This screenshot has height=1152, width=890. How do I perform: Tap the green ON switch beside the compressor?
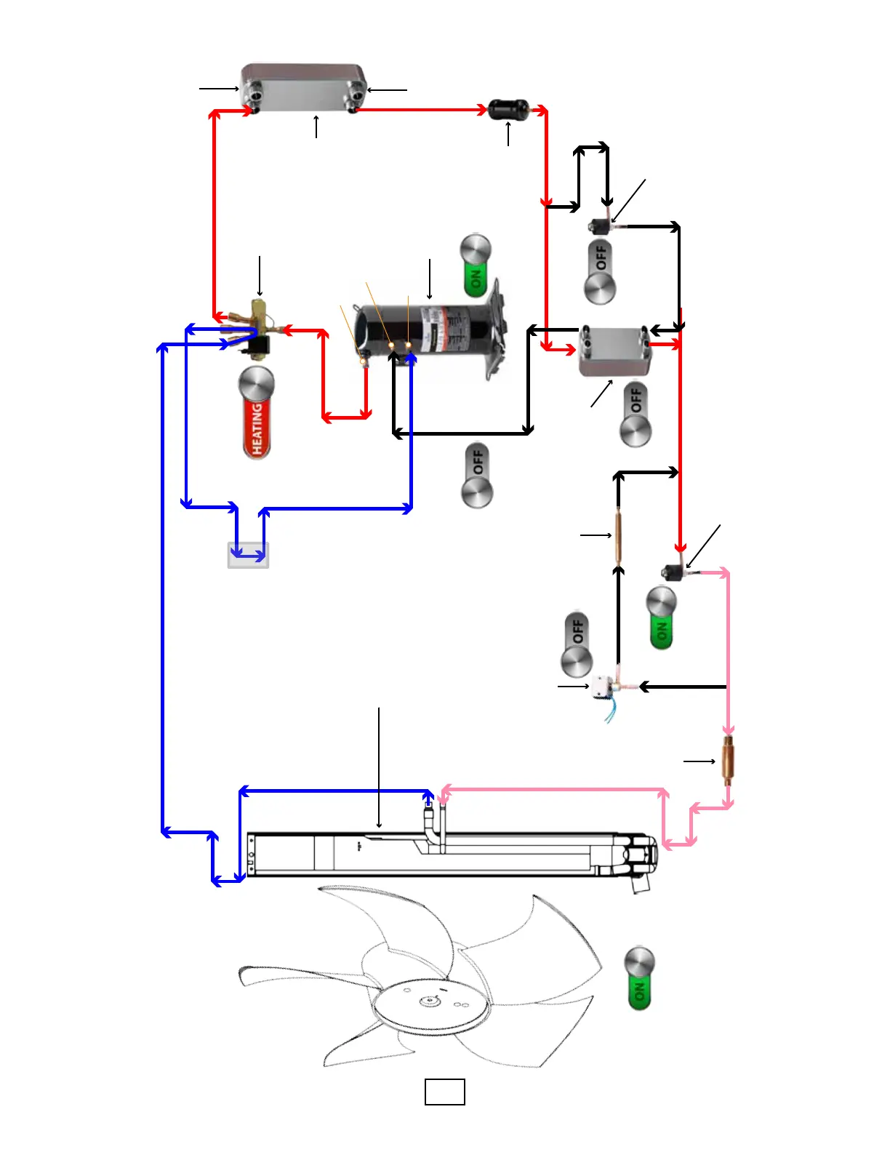(476, 265)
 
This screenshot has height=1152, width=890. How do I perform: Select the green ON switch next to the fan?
(640, 978)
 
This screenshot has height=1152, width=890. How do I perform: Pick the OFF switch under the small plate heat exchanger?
(636, 414)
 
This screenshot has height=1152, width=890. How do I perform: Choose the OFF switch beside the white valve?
(577, 644)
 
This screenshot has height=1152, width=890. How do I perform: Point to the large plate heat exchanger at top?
(303, 87)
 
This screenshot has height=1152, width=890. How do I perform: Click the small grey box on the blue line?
(248, 555)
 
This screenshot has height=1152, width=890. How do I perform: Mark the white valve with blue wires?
(603, 687)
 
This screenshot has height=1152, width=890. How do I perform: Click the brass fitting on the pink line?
(727, 761)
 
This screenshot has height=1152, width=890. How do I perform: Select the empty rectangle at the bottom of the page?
(444, 1092)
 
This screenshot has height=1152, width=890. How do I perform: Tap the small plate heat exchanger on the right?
(614, 351)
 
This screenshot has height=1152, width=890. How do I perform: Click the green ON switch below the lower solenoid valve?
(662, 619)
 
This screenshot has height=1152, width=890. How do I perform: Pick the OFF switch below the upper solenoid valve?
(601, 272)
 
